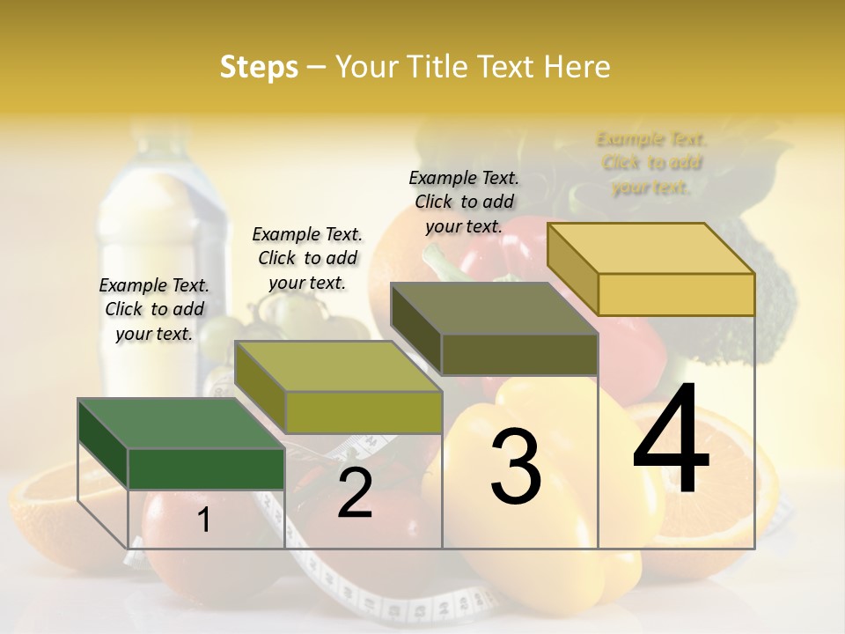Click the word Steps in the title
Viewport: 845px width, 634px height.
pyautogui.click(x=259, y=67)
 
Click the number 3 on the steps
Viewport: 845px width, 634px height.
pyautogui.click(x=515, y=466)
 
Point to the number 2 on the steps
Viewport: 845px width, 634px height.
pyautogui.click(x=355, y=494)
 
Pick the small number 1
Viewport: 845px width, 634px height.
pyautogui.click(x=203, y=520)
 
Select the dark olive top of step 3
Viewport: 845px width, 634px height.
pyautogui.click(x=494, y=308)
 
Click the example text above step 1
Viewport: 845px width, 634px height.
pyautogui.click(x=154, y=309)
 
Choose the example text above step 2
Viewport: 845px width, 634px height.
pyautogui.click(x=307, y=258)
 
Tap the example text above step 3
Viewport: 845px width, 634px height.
pyautogui.click(x=464, y=202)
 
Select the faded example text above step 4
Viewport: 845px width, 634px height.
pyautogui.click(x=651, y=163)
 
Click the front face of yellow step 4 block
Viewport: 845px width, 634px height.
pyautogui.click(x=676, y=294)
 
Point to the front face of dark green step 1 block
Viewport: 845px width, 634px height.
pyautogui.click(x=206, y=468)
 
